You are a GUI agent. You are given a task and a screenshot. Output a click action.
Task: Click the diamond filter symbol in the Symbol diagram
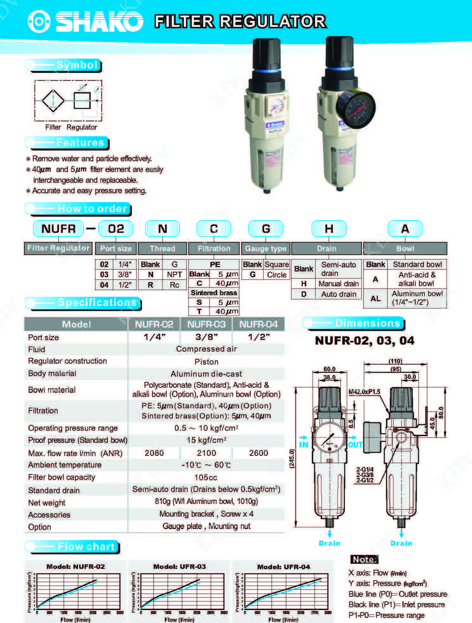tap(53, 101)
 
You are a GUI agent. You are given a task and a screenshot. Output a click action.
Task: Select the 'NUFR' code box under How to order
tap(58, 229)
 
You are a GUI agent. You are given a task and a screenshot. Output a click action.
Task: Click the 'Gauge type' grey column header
tap(266, 249)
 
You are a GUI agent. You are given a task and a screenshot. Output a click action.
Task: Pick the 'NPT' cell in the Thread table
tap(174, 275)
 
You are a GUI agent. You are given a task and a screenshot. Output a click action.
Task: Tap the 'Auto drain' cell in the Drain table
tap(338, 294)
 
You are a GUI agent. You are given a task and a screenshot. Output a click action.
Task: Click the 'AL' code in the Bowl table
tap(375, 298)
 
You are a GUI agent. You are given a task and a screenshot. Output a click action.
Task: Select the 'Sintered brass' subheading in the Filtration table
tap(214, 293)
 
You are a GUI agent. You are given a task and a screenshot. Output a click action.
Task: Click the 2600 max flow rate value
tap(258, 453)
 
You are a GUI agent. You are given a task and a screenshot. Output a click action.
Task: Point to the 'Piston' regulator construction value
tap(206, 362)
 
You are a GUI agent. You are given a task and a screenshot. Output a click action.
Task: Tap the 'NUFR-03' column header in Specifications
tap(206, 324)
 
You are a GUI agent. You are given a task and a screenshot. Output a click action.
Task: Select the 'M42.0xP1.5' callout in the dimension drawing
tap(364, 392)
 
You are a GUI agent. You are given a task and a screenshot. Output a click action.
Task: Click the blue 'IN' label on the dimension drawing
tap(303, 445)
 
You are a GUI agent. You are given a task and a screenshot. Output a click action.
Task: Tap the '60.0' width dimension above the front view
tap(329, 369)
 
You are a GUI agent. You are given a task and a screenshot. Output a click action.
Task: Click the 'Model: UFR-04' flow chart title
tap(283, 567)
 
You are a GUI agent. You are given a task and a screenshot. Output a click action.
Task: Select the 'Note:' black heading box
tap(365, 559)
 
